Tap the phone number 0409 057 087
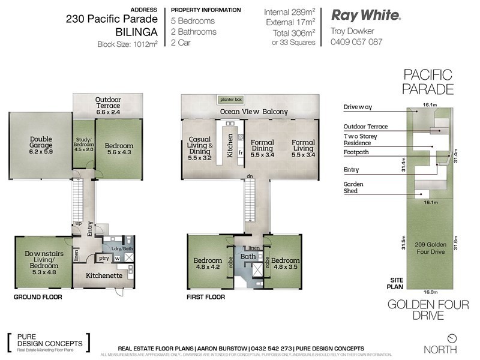click(x=356, y=42)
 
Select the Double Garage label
click(x=41, y=145)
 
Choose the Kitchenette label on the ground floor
click(x=104, y=275)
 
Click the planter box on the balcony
click(x=229, y=99)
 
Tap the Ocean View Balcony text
click(x=254, y=112)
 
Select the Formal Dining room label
click(x=262, y=146)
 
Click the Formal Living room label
click(x=303, y=146)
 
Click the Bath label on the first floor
click(x=248, y=257)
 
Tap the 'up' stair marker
click(x=78, y=223)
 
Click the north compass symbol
click(x=453, y=338)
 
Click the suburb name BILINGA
click(x=137, y=30)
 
